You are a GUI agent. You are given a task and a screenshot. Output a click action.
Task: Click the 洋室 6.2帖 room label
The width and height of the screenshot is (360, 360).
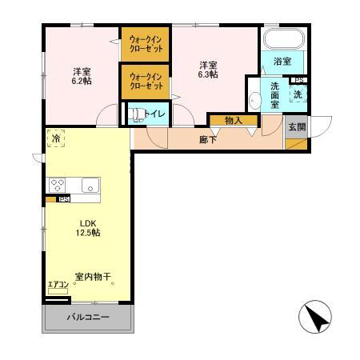pyautogui.click(x=81, y=75)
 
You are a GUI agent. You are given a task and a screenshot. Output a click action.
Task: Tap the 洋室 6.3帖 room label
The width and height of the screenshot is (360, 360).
pyautogui.click(x=209, y=69)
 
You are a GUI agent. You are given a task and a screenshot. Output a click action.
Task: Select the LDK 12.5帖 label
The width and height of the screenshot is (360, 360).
pyautogui.click(x=89, y=228)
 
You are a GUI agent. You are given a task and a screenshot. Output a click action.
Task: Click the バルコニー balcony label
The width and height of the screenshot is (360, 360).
pyautogui.click(x=88, y=318)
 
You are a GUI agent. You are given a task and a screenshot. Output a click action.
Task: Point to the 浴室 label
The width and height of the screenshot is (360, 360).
pyautogui.click(x=283, y=61)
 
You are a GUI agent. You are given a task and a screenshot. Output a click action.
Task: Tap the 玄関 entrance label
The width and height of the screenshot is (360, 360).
pyautogui.click(x=296, y=126)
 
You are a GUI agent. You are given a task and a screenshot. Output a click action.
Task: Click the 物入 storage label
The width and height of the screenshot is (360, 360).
pyautogui.click(x=234, y=121)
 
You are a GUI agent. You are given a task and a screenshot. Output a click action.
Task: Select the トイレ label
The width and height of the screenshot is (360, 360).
pyautogui.click(x=154, y=114)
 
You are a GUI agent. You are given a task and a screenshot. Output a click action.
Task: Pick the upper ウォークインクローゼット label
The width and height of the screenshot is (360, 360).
pyautogui.click(x=146, y=43)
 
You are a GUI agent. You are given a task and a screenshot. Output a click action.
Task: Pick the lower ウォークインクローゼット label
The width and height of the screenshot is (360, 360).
pyautogui.click(x=146, y=82)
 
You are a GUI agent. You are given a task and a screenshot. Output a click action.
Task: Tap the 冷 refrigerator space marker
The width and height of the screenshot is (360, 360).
pyautogui.click(x=55, y=138)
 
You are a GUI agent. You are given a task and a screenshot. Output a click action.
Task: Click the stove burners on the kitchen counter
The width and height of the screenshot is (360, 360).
pyautogui.click(x=58, y=184)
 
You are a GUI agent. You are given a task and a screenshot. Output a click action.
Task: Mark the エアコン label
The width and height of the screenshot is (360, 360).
pyautogui.click(x=58, y=284)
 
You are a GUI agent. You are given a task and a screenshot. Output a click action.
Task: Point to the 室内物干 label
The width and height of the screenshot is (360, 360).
pyautogui.click(x=93, y=278)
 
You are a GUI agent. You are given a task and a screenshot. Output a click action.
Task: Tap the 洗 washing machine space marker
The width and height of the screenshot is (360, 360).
pyautogui.click(x=298, y=94)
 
